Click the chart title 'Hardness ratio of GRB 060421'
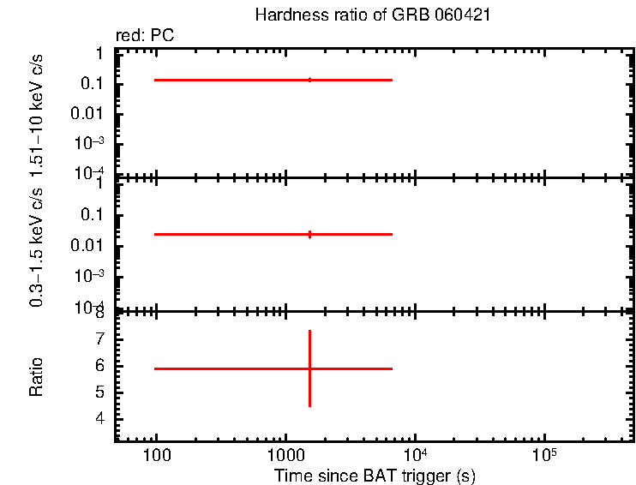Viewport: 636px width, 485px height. [373, 16]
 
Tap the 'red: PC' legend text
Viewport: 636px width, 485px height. [151, 37]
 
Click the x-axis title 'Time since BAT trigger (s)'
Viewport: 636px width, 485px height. [375, 475]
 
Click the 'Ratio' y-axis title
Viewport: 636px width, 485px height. [37, 376]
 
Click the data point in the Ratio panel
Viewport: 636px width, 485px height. [309, 368]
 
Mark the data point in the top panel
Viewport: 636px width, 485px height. [309, 80]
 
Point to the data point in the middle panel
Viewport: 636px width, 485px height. [309, 234]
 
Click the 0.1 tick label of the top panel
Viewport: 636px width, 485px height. [93, 84]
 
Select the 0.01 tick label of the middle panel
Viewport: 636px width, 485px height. [89, 245]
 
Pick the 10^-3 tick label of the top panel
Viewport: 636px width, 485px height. [89, 143]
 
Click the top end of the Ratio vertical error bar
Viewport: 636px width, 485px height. [309, 331]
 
